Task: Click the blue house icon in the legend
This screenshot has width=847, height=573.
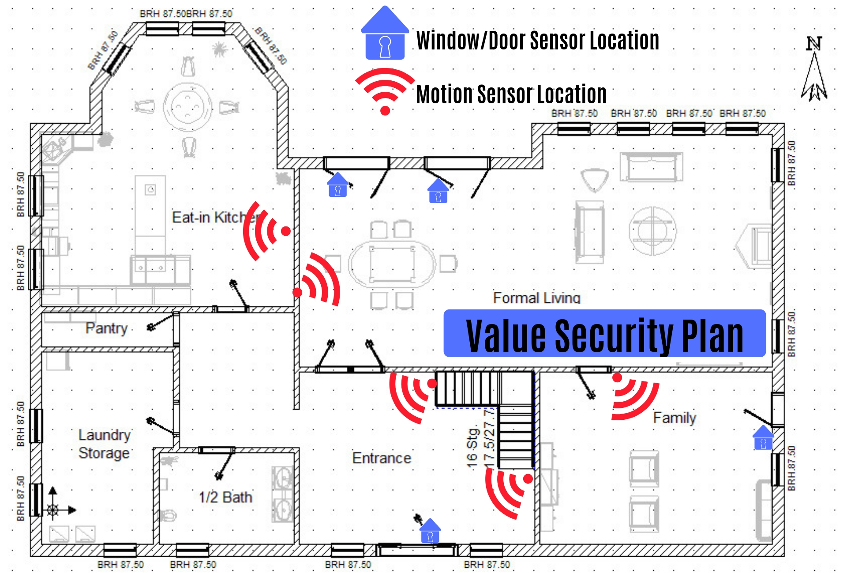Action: [385, 34]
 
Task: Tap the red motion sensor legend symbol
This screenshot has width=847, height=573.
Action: [385, 90]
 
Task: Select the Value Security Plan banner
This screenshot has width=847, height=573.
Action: [604, 334]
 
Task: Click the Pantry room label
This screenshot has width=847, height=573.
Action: [106, 328]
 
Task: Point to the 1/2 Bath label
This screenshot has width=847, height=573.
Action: [225, 497]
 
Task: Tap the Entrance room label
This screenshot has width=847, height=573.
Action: [382, 458]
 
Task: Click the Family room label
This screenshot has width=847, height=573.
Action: [675, 418]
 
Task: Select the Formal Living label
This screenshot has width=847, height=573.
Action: [536, 298]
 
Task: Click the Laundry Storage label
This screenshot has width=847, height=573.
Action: [104, 444]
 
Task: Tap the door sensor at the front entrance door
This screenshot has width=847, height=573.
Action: [430, 531]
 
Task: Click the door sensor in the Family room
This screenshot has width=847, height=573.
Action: [763, 438]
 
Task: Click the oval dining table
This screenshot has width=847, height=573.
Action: [392, 264]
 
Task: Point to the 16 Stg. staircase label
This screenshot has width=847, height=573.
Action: [472, 446]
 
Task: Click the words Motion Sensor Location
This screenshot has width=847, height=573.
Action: [511, 94]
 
